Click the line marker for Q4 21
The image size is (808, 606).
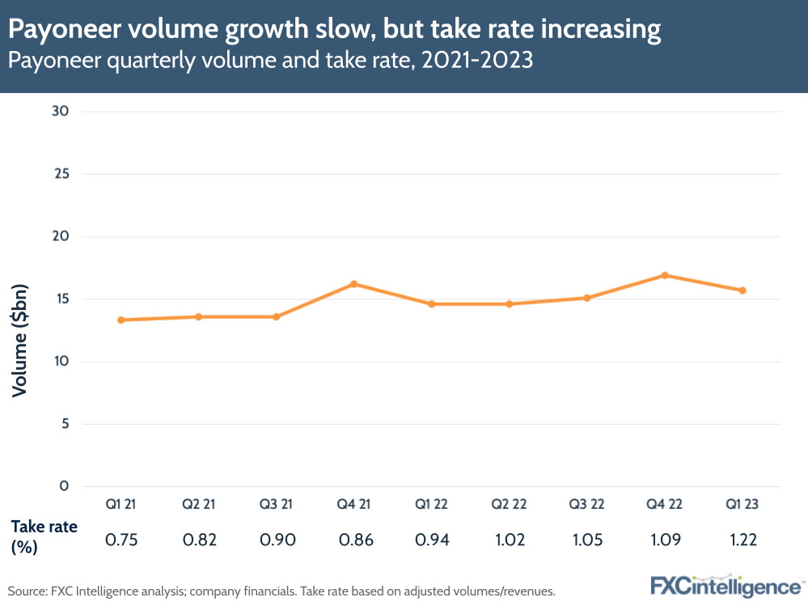point(353,284)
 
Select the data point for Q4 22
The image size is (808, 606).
point(664,275)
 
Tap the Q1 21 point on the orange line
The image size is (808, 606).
point(121,320)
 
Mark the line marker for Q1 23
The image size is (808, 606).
point(742,290)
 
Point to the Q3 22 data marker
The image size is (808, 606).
point(586,298)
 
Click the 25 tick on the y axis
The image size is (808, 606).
point(62,174)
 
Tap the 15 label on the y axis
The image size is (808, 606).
point(62,299)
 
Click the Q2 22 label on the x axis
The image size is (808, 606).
point(509,504)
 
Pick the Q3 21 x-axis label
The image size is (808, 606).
point(276,504)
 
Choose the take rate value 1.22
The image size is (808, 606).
point(742,540)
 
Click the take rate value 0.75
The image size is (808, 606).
point(121,540)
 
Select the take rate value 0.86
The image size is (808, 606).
point(353,540)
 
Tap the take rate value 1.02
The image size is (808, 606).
point(509,540)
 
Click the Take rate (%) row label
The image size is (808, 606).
point(44,536)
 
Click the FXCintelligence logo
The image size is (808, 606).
point(726,586)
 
